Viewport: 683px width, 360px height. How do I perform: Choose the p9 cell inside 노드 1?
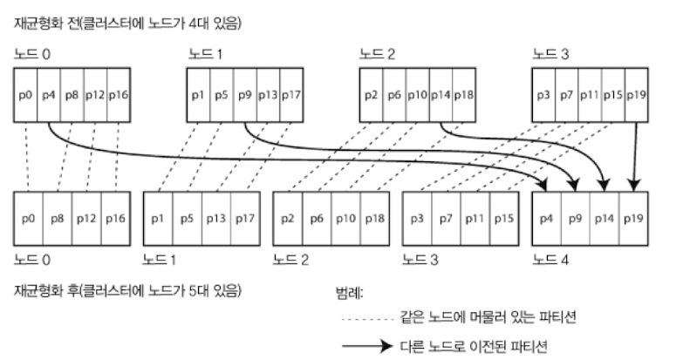(x=247, y=93)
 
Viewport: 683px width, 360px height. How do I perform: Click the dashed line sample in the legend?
(x=371, y=319)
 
